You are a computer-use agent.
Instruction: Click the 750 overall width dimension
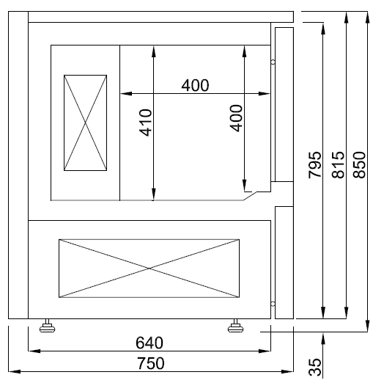[x=150, y=362]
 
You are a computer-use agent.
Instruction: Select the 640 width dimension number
[x=150, y=343]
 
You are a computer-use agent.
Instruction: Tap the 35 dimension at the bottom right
[x=315, y=367]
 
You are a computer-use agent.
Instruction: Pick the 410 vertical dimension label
[x=145, y=122]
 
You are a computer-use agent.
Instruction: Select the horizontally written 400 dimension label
[x=195, y=85]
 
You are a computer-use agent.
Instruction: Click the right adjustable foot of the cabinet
[x=236, y=326]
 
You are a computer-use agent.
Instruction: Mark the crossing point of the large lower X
[x=149, y=269]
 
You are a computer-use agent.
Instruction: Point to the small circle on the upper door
[x=273, y=62]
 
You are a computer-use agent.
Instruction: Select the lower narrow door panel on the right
[x=283, y=262]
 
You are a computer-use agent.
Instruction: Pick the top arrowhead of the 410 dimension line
[x=152, y=49]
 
